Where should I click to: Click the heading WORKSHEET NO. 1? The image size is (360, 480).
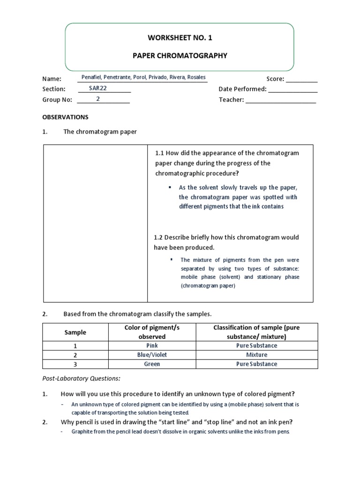(x=180, y=37)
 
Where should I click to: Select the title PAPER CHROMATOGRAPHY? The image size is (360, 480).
(x=180, y=55)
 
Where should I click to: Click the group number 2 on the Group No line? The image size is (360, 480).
(x=98, y=99)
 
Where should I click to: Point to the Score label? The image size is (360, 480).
(x=276, y=79)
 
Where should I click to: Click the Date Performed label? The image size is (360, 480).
(x=242, y=89)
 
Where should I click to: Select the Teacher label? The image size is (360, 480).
(x=231, y=100)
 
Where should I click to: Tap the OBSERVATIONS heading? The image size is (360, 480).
(x=65, y=117)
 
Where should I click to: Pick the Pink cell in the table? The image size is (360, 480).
(x=152, y=345)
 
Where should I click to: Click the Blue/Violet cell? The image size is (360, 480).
(x=152, y=355)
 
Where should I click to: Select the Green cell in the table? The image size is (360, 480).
(x=152, y=364)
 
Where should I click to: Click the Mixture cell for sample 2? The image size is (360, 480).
(x=256, y=355)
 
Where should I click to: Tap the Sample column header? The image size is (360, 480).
(x=75, y=332)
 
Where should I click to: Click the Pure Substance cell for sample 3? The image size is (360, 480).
(x=256, y=364)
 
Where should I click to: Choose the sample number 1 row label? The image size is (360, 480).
(x=75, y=345)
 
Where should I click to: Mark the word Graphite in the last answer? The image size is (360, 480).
(x=82, y=431)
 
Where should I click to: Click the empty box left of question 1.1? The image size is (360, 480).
(x=95, y=223)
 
